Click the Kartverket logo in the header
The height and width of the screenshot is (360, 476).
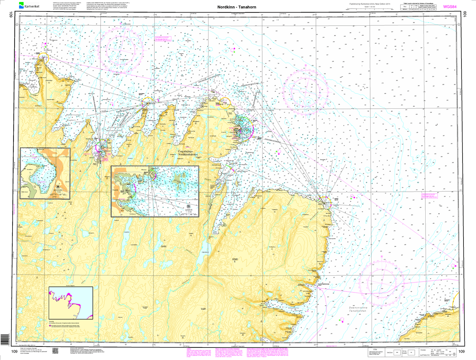(x=29, y=6)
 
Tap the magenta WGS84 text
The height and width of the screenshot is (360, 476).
(x=450, y=6)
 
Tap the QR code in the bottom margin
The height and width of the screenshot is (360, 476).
(x=55, y=350)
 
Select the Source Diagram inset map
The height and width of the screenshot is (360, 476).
(x=70, y=303)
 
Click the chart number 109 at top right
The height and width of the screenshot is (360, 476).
(x=465, y=14)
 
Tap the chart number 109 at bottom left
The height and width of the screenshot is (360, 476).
(x=14, y=352)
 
